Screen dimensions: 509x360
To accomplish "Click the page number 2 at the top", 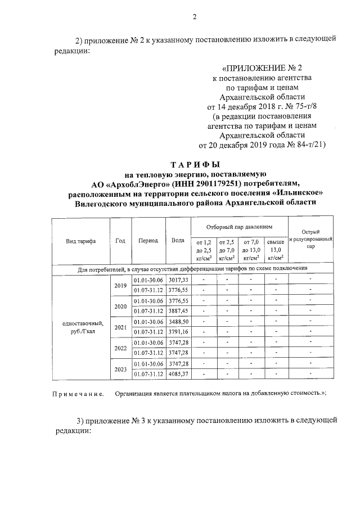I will pos(194,16).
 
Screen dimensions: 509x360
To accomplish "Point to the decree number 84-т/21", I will pos(304,145).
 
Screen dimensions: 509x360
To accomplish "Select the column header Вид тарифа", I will pos(80,241).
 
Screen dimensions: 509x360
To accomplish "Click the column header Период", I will pos(148,241).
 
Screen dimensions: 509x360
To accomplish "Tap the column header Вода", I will pos(178,241).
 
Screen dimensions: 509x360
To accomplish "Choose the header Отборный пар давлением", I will pos(239,227).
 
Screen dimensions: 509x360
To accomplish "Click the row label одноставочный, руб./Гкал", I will pos(80,327).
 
